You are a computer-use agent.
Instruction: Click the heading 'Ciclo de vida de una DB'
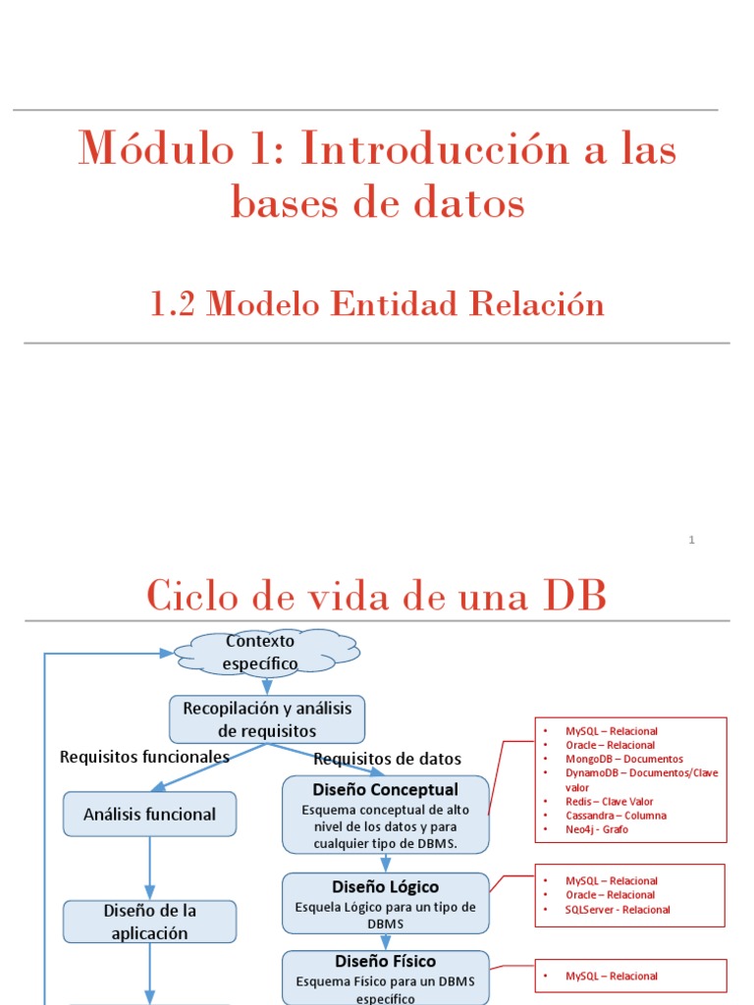coord(377,595)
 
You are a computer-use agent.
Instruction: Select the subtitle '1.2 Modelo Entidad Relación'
coord(377,304)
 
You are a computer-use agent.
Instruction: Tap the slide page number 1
coord(691,540)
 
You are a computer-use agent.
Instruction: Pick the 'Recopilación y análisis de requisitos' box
coord(267,719)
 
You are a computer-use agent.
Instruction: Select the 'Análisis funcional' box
coord(149,814)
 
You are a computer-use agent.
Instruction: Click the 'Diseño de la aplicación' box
coord(149,922)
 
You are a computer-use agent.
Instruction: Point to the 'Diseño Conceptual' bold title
coord(385,789)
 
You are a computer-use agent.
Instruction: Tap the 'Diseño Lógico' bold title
coord(386,887)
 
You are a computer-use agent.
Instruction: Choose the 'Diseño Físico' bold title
coord(386,961)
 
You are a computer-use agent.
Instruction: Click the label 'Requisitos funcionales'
coord(144,757)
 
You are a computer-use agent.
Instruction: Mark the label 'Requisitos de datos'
coord(387,759)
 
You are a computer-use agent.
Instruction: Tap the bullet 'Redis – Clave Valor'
coord(610,802)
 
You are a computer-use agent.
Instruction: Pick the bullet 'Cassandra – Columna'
coord(616,816)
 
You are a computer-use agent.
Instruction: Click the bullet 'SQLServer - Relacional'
coord(619,909)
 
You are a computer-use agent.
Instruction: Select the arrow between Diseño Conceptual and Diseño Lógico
coord(385,863)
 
